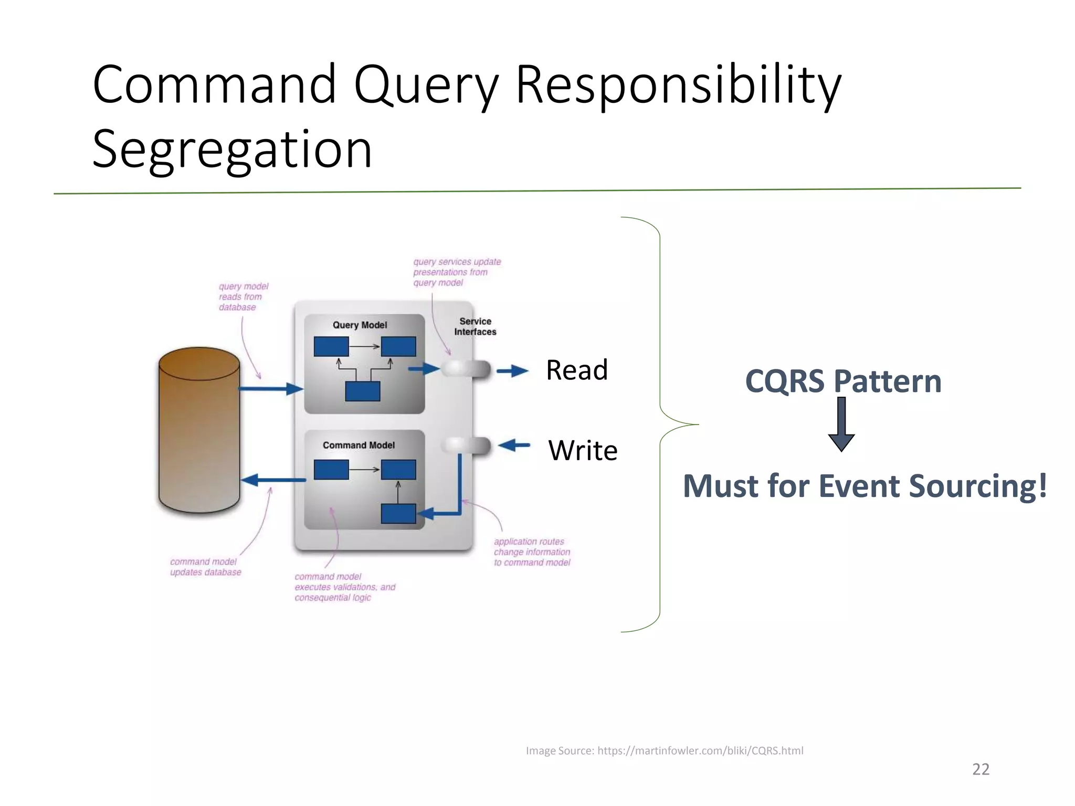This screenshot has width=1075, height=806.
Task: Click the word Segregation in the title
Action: pyautogui.click(x=231, y=150)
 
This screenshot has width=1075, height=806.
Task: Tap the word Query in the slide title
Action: pyautogui.click(x=426, y=85)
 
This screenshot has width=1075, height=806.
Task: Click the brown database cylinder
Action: pyautogui.click(x=199, y=430)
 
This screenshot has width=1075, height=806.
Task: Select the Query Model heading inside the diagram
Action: pyautogui.click(x=360, y=325)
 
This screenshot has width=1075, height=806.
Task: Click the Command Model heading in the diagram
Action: pyautogui.click(x=359, y=446)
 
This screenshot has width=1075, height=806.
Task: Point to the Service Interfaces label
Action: pyautogui.click(x=475, y=326)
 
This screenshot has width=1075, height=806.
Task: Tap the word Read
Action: pyautogui.click(x=576, y=370)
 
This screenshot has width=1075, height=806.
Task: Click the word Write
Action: pyautogui.click(x=583, y=450)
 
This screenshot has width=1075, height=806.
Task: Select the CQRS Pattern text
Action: pyautogui.click(x=842, y=381)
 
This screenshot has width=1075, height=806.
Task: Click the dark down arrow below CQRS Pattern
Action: pyautogui.click(x=841, y=425)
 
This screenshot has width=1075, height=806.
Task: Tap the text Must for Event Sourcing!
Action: pyautogui.click(x=865, y=486)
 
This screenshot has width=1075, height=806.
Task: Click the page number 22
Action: pyautogui.click(x=980, y=769)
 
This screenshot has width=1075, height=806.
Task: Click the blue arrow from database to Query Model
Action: pyautogui.click(x=270, y=389)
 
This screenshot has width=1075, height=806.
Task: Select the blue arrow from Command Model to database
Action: pyautogui.click(x=273, y=480)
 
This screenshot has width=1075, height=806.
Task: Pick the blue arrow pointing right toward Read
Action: pyautogui.click(x=512, y=372)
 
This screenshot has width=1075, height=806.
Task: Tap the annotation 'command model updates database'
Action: pyautogui.click(x=205, y=567)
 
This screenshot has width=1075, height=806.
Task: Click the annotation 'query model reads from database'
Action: pyautogui.click(x=243, y=297)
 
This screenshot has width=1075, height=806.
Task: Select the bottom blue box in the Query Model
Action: pyautogui.click(x=362, y=391)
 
